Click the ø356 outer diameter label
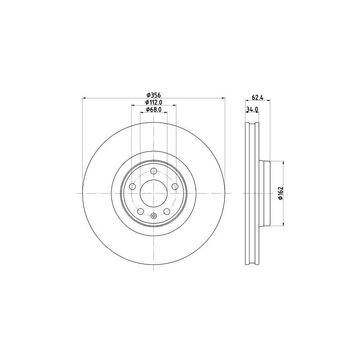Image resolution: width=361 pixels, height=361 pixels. (x=154, y=95)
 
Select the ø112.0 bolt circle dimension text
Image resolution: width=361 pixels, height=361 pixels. (x=154, y=103)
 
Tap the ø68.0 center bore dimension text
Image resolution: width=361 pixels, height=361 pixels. (x=154, y=110)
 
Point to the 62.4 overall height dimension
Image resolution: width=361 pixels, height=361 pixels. (x=257, y=97)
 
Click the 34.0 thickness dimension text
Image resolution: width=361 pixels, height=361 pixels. (x=252, y=110)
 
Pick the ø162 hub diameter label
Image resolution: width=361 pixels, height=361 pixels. (x=280, y=193)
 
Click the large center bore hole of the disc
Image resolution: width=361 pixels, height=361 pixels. (x=154, y=193)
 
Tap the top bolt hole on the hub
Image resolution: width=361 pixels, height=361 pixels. (x=154, y=171)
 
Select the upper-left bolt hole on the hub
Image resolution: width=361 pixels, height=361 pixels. (x=133, y=187)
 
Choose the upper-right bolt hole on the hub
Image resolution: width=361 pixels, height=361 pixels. (x=175, y=187)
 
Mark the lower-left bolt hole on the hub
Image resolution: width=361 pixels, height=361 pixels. (x=141, y=211)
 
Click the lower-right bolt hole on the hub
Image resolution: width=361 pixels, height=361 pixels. (x=167, y=211)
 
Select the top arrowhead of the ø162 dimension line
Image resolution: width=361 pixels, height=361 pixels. (x=283, y=162)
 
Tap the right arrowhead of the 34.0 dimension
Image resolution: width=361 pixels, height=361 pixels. (x=258, y=113)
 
